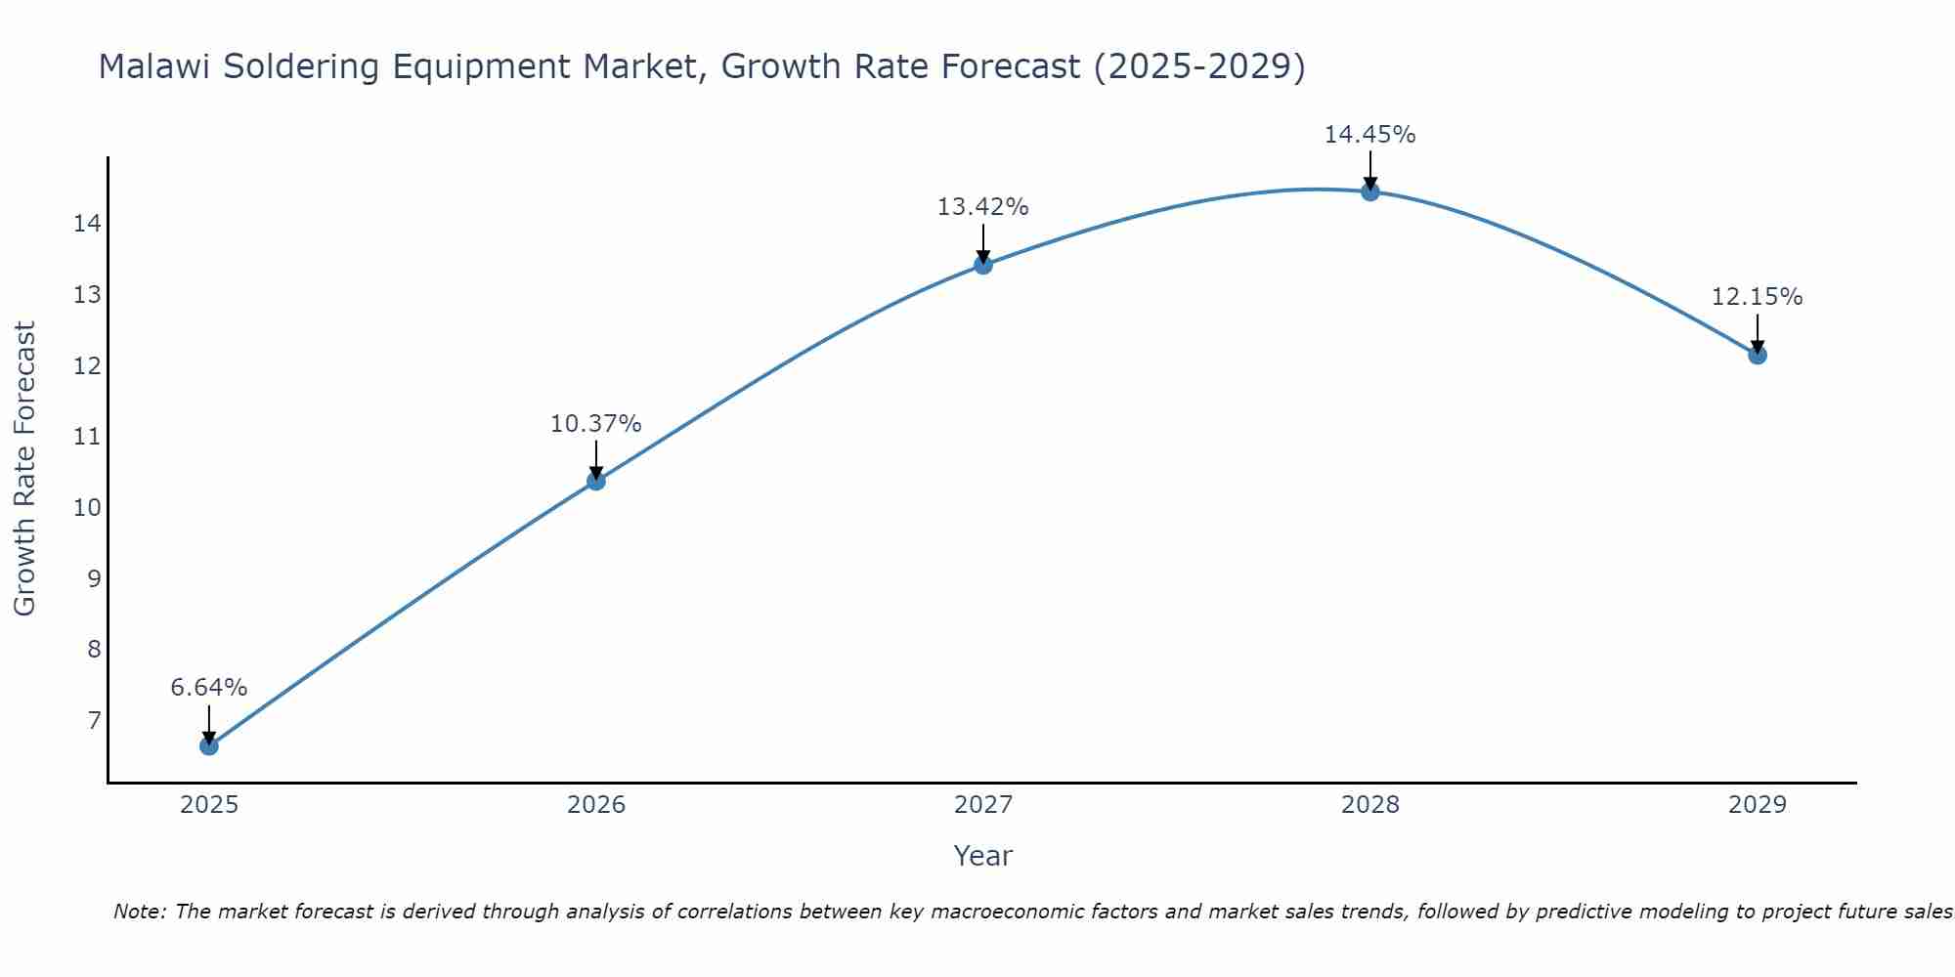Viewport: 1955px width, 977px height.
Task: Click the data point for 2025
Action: pyautogui.click(x=209, y=745)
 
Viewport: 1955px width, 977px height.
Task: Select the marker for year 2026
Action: pyautogui.click(x=596, y=481)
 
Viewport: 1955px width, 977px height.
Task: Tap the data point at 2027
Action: pyautogui.click(x=983, y=265)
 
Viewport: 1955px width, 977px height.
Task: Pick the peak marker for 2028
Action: pyautogui.click(x=1370, y=191)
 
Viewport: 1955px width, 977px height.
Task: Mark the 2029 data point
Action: pyautogui.click(x=1758, y=355)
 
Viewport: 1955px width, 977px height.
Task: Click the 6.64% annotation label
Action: pyautogui.click(x=209, y=688)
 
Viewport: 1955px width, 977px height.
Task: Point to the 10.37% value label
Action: pyautogui.click(x=596, y=424)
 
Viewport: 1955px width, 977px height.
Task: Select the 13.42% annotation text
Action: pyautogui.click(x=983, y=207)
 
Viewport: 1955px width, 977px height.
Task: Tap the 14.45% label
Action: pyautogui.click(x=1370, y=135)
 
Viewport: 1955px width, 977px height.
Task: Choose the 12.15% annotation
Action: pyautogui.click(x=1758, y=297)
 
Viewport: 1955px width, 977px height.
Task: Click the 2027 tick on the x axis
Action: pyautogui.click(x=983, y=805)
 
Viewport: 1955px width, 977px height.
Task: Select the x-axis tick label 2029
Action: pyautogui.click(x=1758, y=805)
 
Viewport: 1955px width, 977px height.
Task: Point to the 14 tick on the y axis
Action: pyautogui.click(x=87, y=224)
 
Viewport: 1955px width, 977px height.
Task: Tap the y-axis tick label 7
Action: pyautogui.click(x=94, y=721)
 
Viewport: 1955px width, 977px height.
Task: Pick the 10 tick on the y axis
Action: pyautogui.click(x=87, y=508)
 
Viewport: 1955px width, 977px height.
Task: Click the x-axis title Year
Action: pyautogui.click(x=983, y=856)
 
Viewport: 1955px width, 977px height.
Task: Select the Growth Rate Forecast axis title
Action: pyautogui.click(x=25, y=469)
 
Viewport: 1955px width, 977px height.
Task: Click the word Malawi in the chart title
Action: pyautogui.click(x=156, y=66)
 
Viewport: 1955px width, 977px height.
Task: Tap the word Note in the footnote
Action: pyautogui.click(x=139, y=913)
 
